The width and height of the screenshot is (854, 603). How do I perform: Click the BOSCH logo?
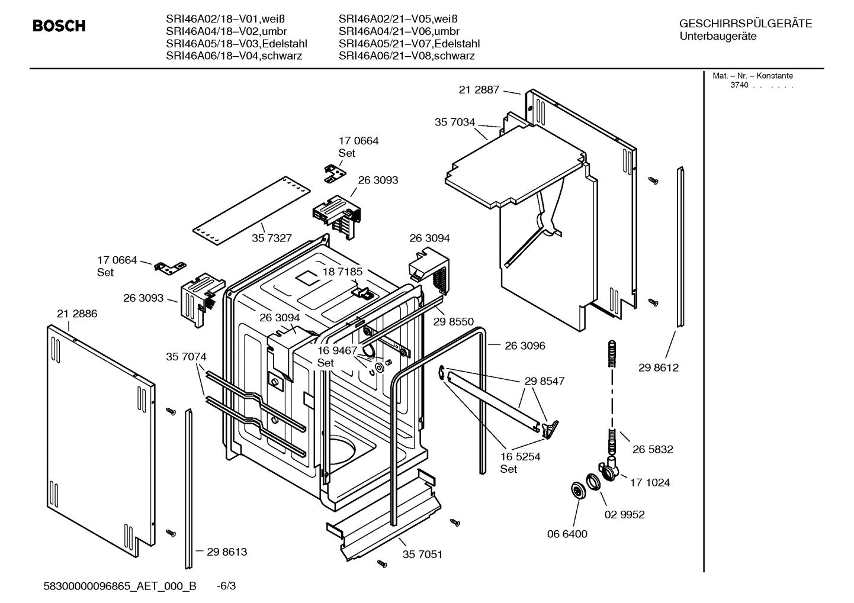[x=59, y=26]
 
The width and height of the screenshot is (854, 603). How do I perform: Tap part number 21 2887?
[x=479, y=90]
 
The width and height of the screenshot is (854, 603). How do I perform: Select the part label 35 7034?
[x=455, y=122]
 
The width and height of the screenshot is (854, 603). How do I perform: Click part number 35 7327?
[x=272, y=238]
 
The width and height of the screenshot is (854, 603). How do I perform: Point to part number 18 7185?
[x=342, y=272]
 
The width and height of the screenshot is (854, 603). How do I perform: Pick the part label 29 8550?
[x=454, y=321]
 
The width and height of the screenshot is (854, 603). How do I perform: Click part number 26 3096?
[x=525, y=346]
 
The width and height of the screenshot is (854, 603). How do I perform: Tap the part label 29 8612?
[x=659, y=367]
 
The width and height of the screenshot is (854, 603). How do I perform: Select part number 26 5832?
[x=653, y=449]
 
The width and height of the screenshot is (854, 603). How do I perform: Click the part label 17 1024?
[x=650, y=483]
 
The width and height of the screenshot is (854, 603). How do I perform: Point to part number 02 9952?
[x=624, y=515]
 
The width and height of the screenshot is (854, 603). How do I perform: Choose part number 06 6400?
[x=567, y=534]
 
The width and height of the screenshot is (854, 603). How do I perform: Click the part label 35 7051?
[x=422, y=554]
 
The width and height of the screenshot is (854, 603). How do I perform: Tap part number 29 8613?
[x=227, y=552]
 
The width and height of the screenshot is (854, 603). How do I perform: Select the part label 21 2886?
[x=77, y=314]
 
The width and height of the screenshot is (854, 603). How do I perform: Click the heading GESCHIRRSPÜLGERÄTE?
[x=746, y=24]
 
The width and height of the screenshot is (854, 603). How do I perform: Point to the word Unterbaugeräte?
[x=718, y=36]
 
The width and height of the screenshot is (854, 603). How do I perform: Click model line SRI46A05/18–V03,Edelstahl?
[x=236, y=44]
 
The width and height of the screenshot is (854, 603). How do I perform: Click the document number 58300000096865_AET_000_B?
[x=120, y=586]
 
